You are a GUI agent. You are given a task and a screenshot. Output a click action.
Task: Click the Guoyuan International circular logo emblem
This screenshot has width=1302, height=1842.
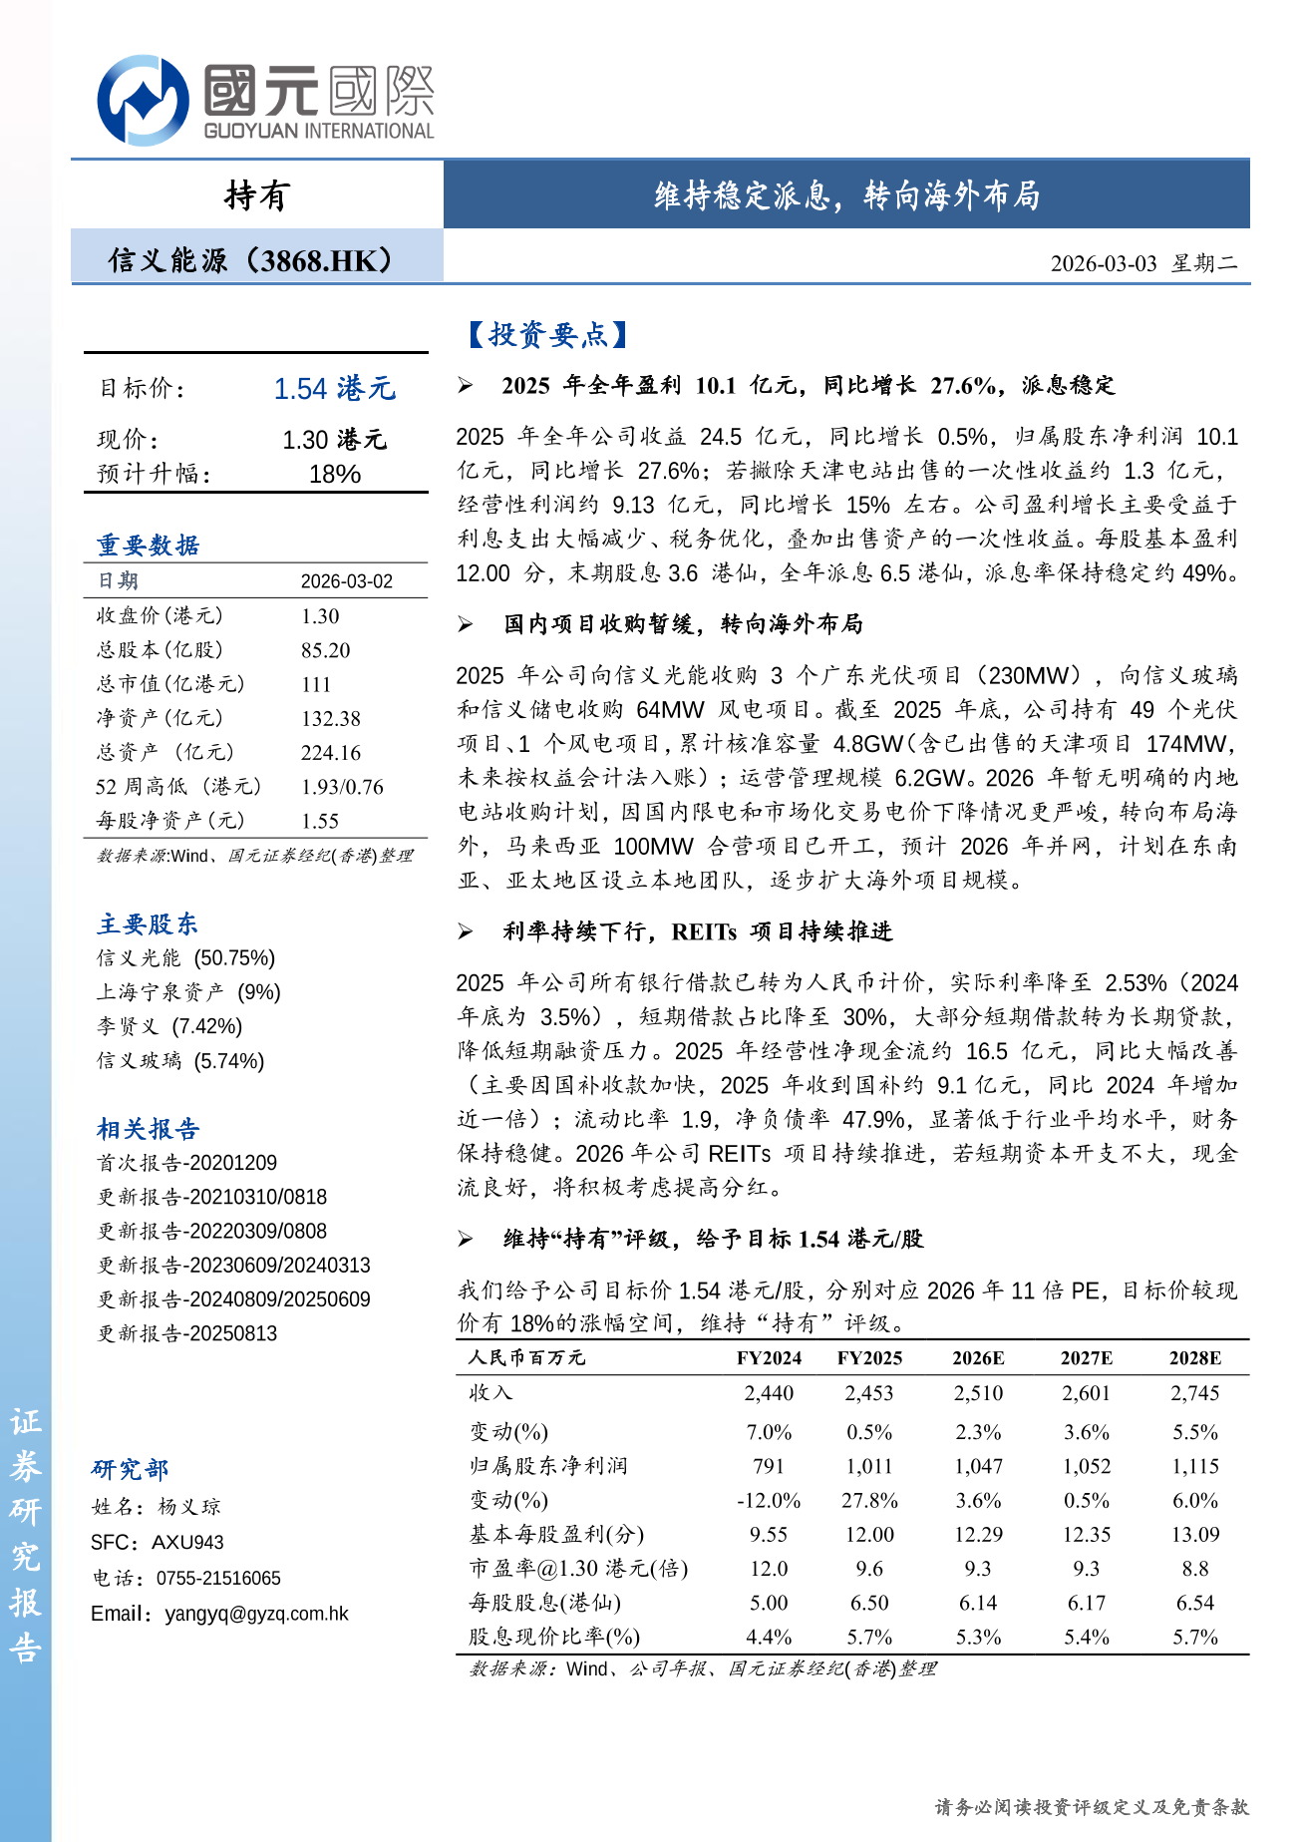tap(143, 101)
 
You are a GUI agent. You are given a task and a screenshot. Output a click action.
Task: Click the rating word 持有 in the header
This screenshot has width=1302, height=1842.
tap(256, 195)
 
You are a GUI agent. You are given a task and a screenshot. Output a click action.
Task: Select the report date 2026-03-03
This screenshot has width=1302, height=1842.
tap(1103, 263)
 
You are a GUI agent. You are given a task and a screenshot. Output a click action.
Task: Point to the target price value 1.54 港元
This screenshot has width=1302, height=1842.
tap(335, 389)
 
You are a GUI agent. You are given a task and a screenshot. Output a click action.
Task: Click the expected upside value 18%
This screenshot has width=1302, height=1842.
tap(334, 475)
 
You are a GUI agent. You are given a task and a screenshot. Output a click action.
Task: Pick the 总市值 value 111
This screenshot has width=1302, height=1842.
tap(316, 684)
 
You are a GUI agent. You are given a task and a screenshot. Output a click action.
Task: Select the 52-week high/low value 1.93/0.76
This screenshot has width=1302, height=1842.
tap(342, 787)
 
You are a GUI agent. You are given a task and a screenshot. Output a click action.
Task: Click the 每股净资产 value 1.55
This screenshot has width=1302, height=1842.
tap(320, 821)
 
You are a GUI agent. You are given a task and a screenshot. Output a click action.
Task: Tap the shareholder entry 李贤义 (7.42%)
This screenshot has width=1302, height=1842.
tap(169, 1026)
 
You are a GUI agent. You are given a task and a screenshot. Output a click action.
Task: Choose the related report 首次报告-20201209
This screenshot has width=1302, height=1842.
tap(186, 1163)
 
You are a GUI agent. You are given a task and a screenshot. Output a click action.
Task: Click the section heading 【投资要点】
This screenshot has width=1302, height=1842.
tap(547, 335)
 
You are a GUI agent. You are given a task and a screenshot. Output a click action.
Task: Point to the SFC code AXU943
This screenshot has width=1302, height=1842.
tap(187, 1543)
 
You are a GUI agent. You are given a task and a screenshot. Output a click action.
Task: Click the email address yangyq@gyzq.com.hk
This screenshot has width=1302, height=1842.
tap(256, 1614)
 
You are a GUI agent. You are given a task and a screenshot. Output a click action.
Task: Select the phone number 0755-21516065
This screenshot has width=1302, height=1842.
tap(218, 1579)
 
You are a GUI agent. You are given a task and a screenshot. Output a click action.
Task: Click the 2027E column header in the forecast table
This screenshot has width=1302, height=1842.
tap(1086, 1358)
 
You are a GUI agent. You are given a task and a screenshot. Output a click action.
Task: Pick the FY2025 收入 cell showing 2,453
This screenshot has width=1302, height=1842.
tap(868, 1393)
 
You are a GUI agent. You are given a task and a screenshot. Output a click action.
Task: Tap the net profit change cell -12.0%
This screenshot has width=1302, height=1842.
tap(769, 1501)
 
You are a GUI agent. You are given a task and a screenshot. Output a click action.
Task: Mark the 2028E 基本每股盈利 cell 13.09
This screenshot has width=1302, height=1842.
tap(1194, 1535)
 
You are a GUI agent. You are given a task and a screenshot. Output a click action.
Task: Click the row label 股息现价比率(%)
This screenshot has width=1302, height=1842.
tap(554, 1637)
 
